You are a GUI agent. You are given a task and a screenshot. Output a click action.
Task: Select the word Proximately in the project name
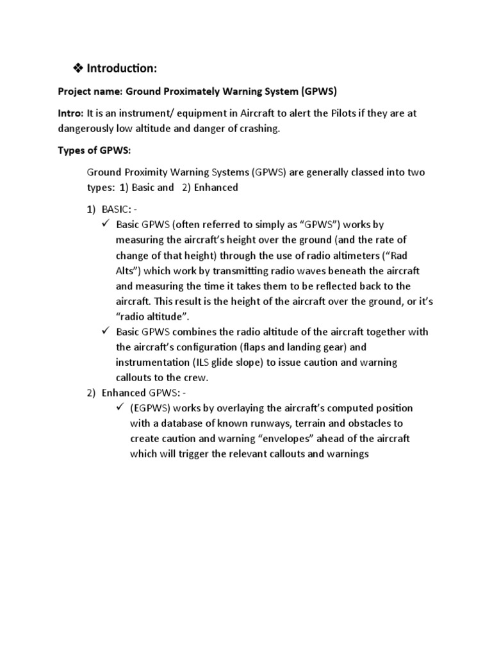[187, 91]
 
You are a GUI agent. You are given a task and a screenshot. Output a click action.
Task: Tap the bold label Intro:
[72, 113]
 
